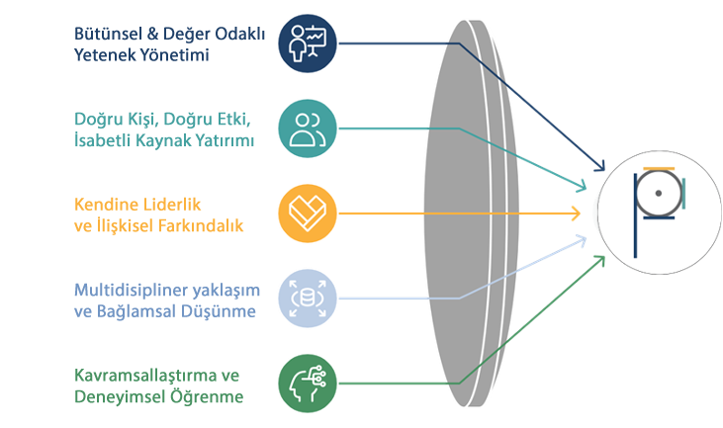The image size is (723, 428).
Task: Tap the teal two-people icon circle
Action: click(x=307, y=128)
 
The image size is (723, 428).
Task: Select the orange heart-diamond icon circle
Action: click(x=307, y=213)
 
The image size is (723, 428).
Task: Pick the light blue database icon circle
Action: click(x=307, y=298)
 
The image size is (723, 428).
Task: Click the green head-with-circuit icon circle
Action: click(x=307, y=382)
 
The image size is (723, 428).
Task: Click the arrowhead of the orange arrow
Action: click(x=576, y=213)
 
